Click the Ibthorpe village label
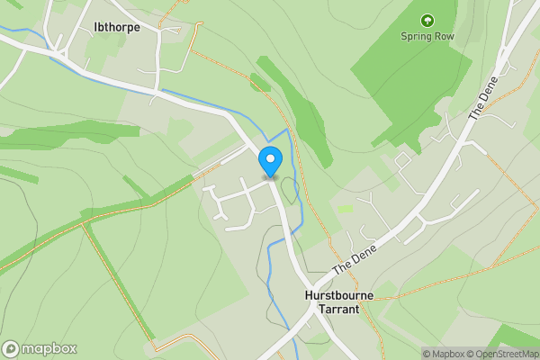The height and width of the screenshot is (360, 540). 117,28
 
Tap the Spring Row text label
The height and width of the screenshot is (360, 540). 427,37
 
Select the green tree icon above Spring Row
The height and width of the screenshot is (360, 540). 427,19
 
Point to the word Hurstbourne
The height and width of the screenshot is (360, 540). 326,294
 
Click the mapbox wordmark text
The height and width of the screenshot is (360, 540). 49,348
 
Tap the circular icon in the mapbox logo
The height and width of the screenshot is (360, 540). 11,348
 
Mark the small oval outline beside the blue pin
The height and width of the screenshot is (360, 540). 289,190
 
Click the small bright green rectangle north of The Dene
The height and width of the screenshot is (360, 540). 346,208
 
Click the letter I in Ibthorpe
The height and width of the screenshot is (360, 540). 96,28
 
